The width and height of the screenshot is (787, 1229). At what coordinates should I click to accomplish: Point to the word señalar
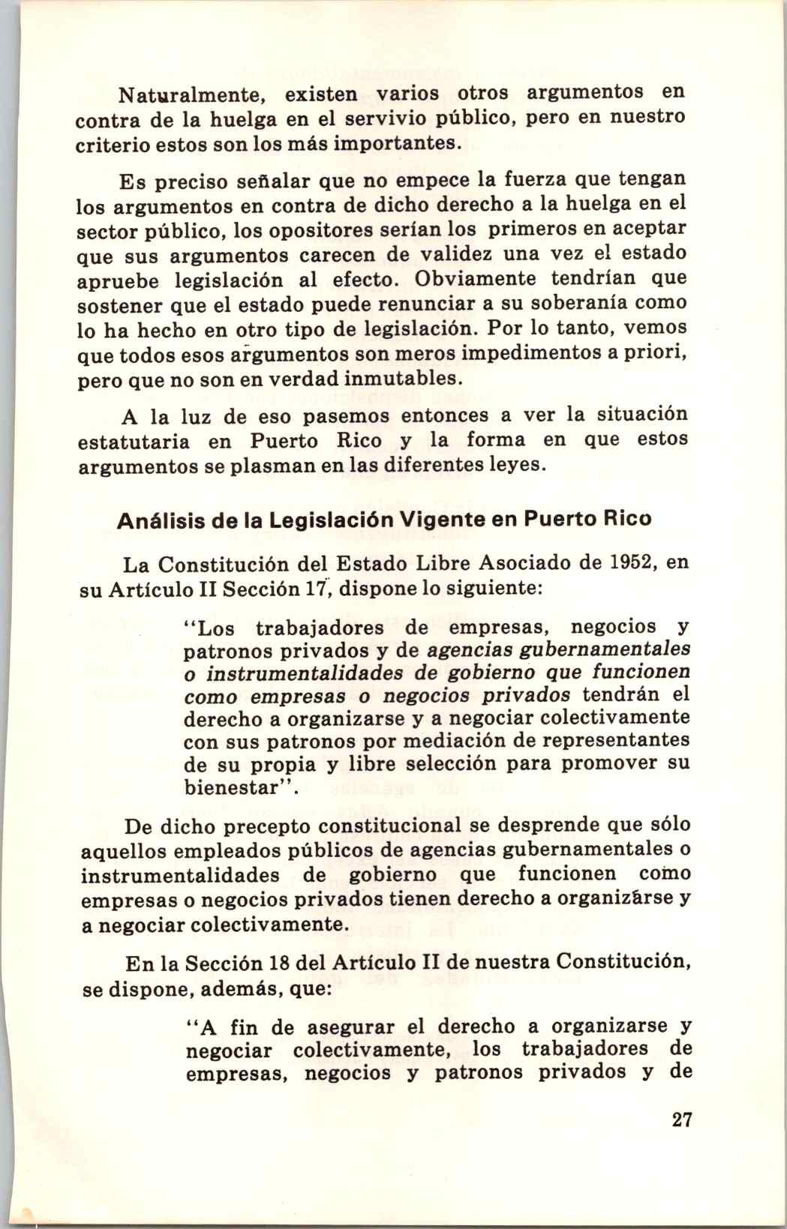(275, 180)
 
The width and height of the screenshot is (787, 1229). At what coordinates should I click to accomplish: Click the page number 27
(681, 1121)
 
